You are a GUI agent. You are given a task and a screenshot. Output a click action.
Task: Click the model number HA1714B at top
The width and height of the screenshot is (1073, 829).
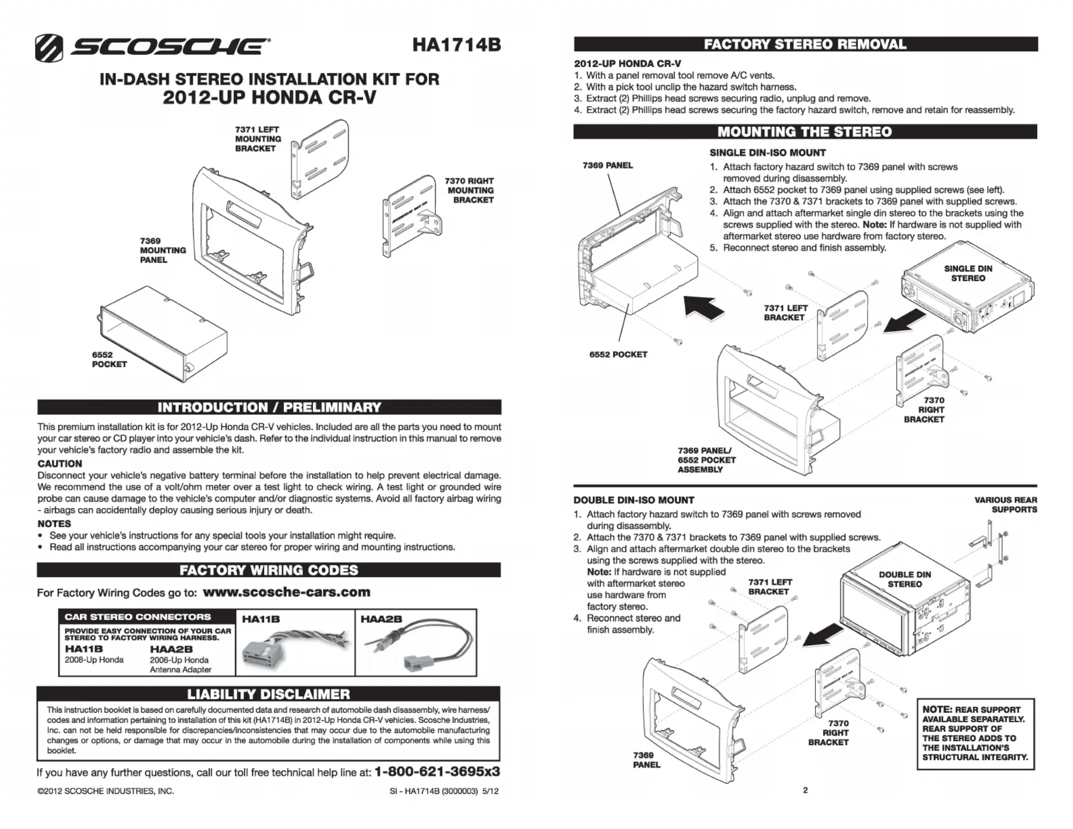tap(456, 45)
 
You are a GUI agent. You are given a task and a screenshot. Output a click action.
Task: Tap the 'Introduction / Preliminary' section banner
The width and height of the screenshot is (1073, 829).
tap(269, 407)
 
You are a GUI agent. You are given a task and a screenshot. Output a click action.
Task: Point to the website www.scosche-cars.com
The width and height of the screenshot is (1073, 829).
tap(287, 592)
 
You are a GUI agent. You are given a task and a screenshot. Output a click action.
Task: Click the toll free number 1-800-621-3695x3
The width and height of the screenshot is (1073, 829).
tap(437, 772)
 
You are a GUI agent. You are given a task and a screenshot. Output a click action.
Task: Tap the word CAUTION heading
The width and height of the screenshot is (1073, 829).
tap(59, 464)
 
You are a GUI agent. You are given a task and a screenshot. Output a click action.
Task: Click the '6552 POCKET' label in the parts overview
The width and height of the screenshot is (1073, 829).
tap(109, 360)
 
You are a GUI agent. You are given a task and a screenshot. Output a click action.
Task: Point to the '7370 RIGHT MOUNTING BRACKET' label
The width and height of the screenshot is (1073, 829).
tap(470, 190)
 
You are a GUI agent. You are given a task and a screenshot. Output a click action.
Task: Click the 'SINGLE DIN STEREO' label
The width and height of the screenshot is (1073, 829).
tap(968, 273)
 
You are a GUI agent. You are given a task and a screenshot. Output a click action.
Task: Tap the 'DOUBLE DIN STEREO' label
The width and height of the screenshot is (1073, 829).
tap(905, 579)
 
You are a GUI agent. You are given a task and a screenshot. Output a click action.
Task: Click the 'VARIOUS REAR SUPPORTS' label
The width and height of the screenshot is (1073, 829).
tap(1005, 504)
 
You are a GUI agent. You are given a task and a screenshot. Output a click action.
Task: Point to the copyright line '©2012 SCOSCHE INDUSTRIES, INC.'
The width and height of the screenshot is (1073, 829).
tap(106, 791)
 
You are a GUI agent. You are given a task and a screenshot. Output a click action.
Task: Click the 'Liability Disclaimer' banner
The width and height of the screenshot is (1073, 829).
tap(269, 694)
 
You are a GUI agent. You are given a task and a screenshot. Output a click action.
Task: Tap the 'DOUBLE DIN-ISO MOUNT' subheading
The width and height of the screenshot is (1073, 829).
tap(634, 500)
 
